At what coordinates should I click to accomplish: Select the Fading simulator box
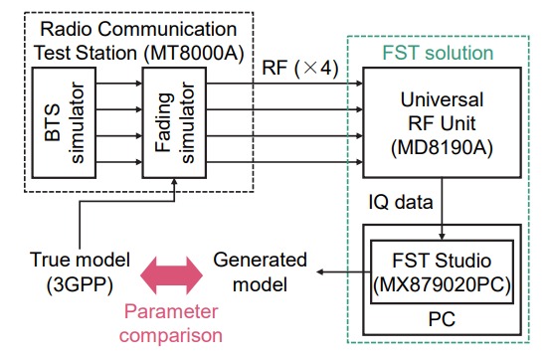coord(177,122)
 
